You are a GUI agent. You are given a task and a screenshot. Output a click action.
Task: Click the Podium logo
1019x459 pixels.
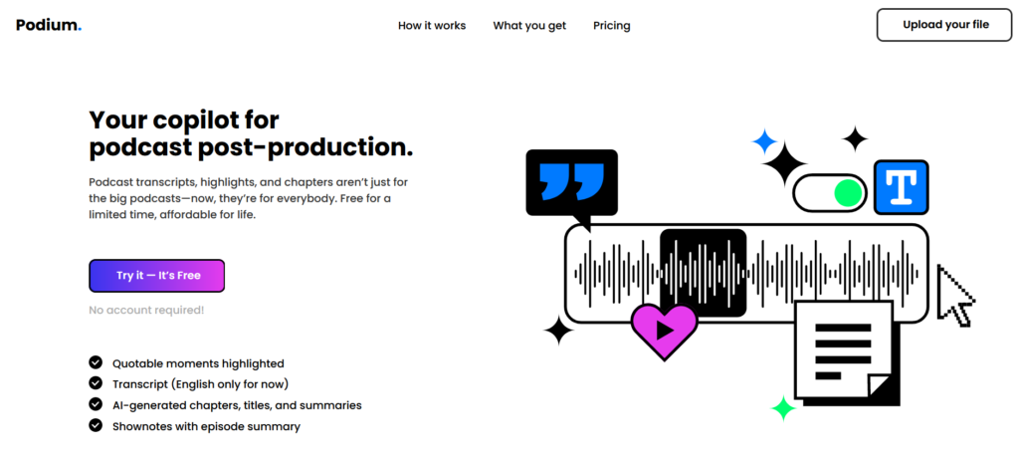pos(49,25)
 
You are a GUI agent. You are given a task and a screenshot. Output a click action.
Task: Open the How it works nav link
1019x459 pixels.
pos(432,26)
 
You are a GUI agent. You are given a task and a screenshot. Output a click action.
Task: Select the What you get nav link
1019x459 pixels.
pos(529,26)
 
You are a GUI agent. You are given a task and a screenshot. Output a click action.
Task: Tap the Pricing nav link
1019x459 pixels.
pos(612,26)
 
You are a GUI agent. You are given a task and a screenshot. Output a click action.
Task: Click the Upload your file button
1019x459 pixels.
pos(945,25)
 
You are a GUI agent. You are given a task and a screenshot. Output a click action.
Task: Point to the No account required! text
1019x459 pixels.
pos(146,310)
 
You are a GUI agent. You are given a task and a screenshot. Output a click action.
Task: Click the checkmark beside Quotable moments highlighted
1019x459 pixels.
pos(96,362)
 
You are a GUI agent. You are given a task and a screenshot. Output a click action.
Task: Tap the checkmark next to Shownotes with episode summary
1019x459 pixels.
pos(96,426)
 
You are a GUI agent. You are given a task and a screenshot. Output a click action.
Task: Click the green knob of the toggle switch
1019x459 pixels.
pos(848,193)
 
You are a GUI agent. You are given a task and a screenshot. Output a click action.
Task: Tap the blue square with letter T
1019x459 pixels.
pos(901,187)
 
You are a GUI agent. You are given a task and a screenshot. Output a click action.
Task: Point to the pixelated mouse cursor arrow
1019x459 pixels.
pos(954,295)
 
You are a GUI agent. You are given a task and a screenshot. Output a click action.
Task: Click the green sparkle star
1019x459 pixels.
pos(783,408)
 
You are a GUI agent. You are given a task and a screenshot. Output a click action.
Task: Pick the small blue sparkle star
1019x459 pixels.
pos(764,141)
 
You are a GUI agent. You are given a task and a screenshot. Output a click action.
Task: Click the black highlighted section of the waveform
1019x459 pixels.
pos(703,273)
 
